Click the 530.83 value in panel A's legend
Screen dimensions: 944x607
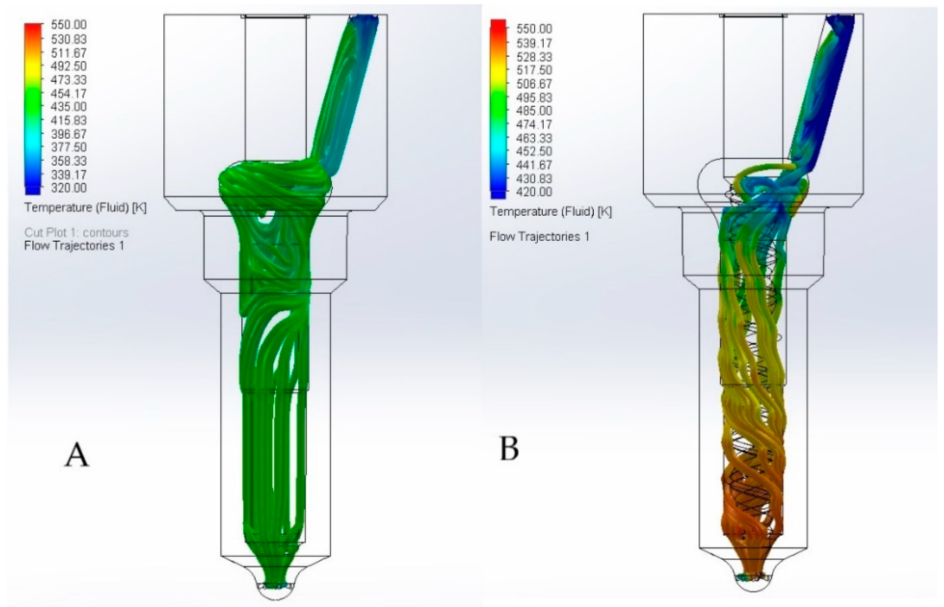point(68,39)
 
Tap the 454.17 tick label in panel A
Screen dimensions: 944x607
point(68,94)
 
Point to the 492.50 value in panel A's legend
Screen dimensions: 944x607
point(68,66)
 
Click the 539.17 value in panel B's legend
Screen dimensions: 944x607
point(534,42)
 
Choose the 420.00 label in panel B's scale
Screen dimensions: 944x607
point(534,192)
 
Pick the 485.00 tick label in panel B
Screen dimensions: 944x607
point(534,111)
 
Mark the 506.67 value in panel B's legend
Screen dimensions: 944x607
point(534,84)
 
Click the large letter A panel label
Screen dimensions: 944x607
point(77,454)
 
